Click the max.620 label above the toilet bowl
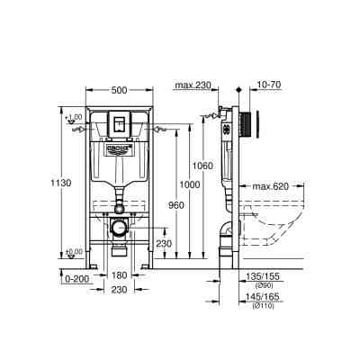point(270,187)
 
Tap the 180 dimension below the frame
point(120,277)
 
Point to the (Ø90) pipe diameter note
point(260,287)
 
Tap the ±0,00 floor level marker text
point(75,251)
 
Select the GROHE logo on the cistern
point(120,145)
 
